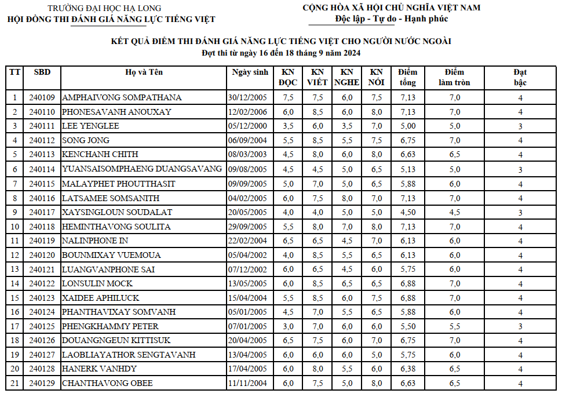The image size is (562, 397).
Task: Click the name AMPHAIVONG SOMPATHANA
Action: pyautogui.click(x=122, y=97)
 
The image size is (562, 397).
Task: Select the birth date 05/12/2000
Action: pyautogui.click(x=248, y=126)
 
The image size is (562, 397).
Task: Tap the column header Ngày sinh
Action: pyautogui.click(x=250, y=72)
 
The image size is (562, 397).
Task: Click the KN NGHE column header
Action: pyautogui.click(x=347, y=78)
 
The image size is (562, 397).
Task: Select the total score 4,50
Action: pyautogui.click(x=408, y=212)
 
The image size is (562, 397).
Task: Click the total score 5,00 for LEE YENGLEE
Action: pyautogui.click(x=408, y=126)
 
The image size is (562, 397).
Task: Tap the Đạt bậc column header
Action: pyautogui.click(x=520, y=78)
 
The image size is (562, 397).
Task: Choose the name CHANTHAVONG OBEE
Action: pyautogui.click(x=107, y=383)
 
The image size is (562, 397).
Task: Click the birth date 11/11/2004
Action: pyautogui.click(x=248, y=383)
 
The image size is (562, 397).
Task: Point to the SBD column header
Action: pyautogui.click(x=42, y=72)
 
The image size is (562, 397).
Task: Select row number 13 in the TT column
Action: pyautogui.click(x=14, y=269)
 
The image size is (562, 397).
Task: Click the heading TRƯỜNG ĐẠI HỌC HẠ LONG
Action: pyautogui.click(x=104, y=8)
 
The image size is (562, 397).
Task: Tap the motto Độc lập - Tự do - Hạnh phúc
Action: pyautogui.click(x=391, y=19)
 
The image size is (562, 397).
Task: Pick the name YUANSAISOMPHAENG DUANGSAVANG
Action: pyautogui.click(x=142, y=169)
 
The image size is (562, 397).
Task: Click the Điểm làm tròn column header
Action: pyautogui.click(x=454, y=78)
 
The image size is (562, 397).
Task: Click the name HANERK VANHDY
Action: pyautogui.click(x=100, y=369)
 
